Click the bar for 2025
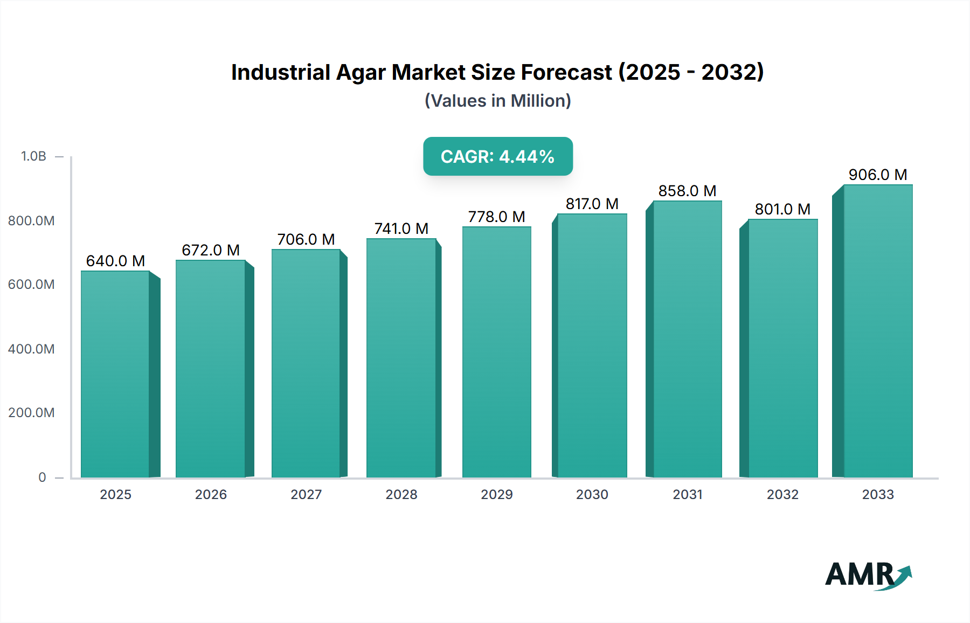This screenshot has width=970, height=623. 115,374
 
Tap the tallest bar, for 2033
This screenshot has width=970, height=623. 878,331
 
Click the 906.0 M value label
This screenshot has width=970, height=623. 878,175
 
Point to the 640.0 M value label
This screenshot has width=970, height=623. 115,261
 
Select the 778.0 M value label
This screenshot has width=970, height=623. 496,217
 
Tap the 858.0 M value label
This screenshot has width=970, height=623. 687,191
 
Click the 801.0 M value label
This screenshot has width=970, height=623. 782,209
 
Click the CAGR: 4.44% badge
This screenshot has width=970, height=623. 497,156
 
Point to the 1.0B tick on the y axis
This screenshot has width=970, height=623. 33,156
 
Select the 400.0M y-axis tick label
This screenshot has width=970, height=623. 31,349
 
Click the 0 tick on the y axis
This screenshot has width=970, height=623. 42,477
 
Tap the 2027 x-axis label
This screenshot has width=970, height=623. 306,494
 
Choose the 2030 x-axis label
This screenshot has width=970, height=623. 592,494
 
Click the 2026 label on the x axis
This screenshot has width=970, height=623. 211,494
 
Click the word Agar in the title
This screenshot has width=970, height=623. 361,73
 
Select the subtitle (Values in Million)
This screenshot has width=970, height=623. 497,101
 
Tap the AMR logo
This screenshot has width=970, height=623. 868,575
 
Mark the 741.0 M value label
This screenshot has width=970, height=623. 401,229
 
